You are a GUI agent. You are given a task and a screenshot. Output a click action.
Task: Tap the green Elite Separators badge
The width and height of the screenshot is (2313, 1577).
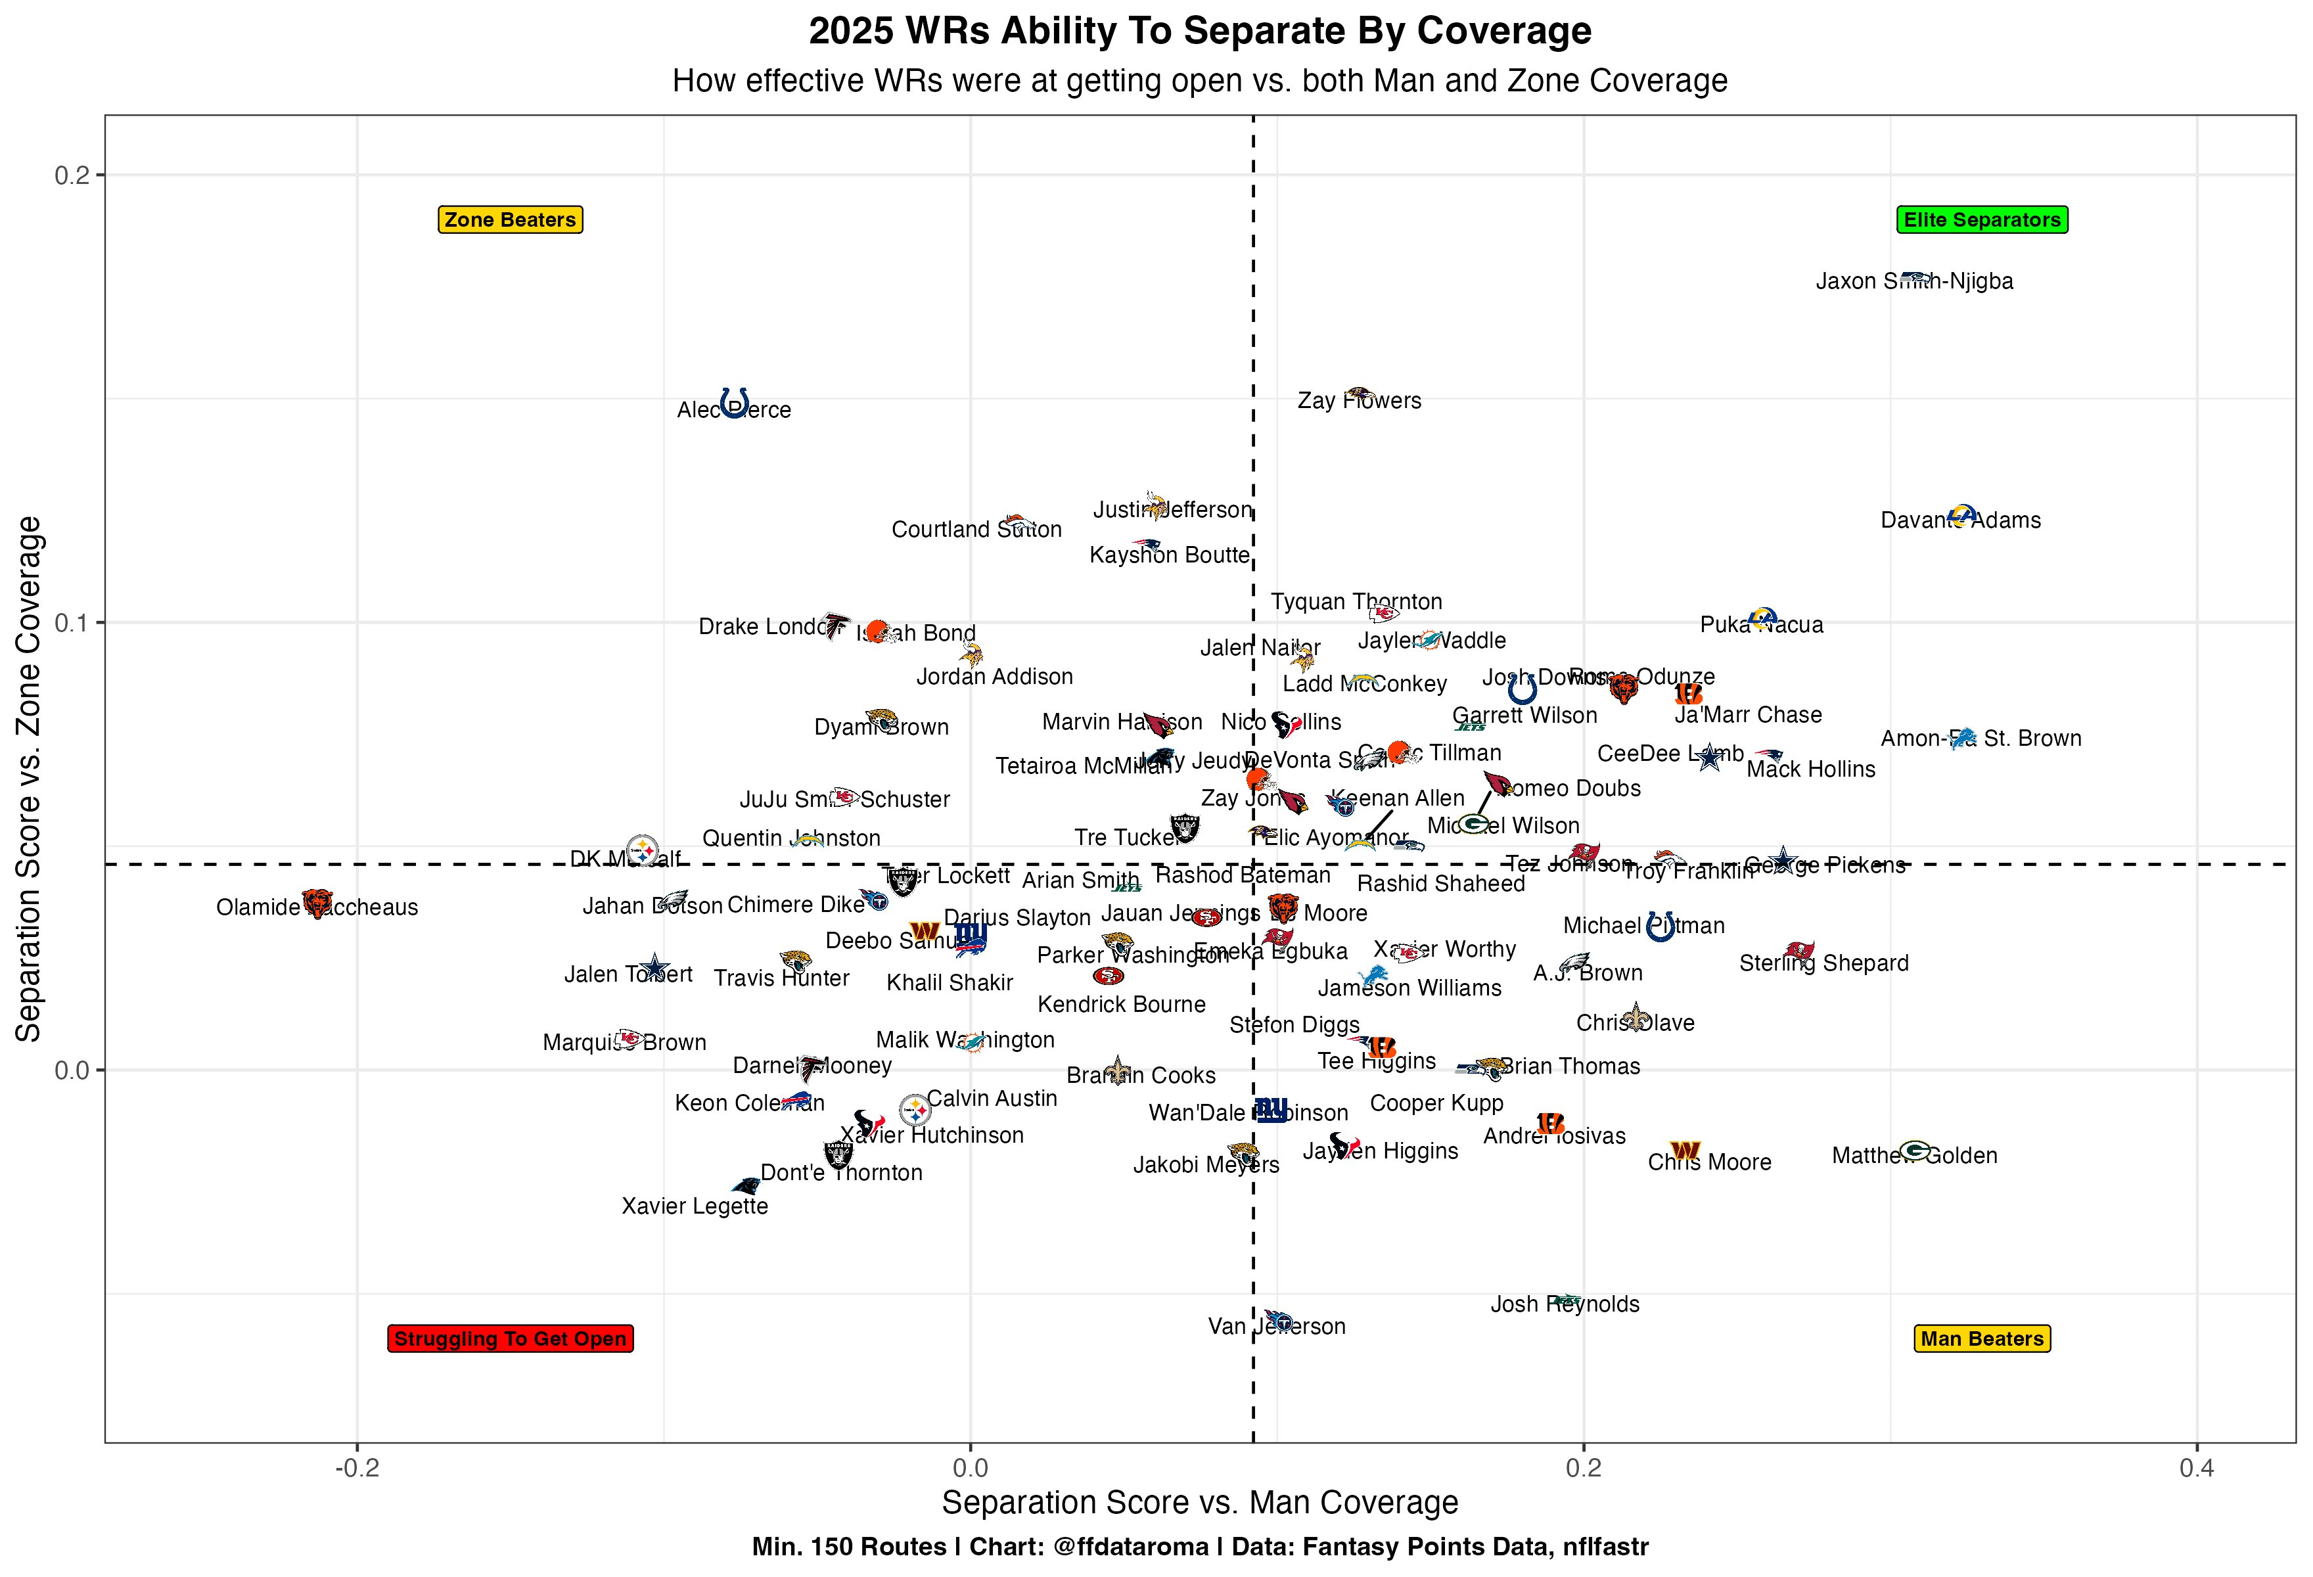point(1982,220)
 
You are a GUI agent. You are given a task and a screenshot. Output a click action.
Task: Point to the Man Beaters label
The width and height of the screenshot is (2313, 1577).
point(1982,1338)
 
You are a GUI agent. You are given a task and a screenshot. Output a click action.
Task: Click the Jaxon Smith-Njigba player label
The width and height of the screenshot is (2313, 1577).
point(1914,282)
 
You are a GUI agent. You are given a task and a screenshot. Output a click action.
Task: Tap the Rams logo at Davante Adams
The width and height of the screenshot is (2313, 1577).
point(1961,514)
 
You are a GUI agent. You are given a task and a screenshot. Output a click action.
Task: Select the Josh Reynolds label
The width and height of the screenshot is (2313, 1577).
point(1565,1304)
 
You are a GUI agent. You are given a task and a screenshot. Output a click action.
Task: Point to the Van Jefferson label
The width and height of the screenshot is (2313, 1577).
point(1276,1326)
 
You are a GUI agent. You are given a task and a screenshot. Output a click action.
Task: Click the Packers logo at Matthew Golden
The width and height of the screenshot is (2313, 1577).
point(1915,1150)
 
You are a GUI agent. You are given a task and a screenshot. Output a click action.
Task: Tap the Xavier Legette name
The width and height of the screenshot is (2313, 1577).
point(695,1206)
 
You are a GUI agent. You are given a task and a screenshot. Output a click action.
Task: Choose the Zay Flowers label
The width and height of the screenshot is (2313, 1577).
point(1360,401)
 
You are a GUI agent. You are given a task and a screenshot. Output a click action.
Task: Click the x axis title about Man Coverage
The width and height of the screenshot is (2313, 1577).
point(1201,1502)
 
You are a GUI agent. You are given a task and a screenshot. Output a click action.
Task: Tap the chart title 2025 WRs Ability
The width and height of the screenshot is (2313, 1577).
point(1201,32)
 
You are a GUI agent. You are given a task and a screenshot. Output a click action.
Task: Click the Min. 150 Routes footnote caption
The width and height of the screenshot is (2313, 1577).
point(1201,1547)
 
